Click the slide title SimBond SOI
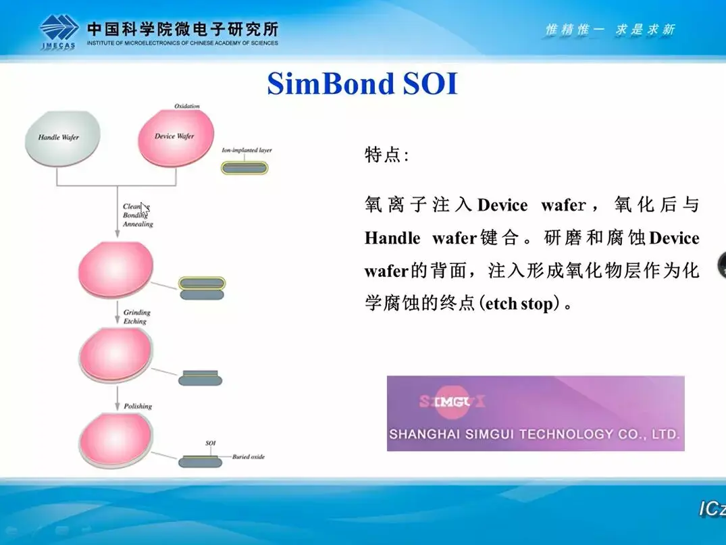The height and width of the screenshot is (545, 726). (362, 84)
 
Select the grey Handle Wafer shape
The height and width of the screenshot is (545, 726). (62, 137)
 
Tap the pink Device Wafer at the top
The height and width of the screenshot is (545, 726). (175, 136)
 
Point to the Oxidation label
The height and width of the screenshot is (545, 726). (187, 107)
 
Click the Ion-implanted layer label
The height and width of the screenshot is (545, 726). (247, 150)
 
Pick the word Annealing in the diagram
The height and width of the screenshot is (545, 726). (138, 224)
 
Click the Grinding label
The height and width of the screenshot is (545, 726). (136, 313)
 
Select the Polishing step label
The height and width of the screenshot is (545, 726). (138, 406)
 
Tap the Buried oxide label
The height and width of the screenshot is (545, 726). (249, 457)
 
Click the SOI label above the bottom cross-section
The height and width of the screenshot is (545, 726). (210, 444)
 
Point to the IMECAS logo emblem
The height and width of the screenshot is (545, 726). (59, 29)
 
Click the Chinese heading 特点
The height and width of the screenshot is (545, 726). (386, 155)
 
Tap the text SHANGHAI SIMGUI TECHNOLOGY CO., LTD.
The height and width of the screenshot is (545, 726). (534, 434)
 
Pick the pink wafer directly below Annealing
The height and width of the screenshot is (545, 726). (116, 268)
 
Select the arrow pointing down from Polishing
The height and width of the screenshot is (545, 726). (118, 400)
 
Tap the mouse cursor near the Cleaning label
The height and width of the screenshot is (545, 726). (144, 208)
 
